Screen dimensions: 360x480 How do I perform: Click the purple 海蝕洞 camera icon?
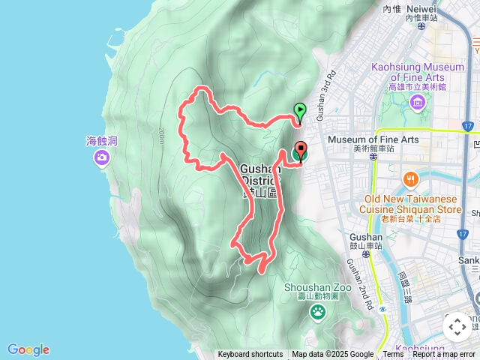click(x=101, y=157)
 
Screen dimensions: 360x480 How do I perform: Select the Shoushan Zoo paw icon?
click(x=318, y=310)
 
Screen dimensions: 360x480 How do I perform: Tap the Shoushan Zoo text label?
click(x=316, y=289)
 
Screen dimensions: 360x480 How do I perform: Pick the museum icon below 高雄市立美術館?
click(x=418, y=100)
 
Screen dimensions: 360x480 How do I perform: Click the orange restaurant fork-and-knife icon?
click(x=410, y=179)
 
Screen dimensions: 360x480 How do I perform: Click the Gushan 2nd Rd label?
click(x=358, y=285)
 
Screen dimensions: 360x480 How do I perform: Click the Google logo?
click(x=28, y=349)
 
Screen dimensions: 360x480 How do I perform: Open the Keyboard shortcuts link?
click(x=250, y=355)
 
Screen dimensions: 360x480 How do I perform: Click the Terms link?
click(x=393, y=355)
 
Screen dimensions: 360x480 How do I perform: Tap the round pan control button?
click(x=457, y=327)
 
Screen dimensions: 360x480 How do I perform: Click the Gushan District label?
click(x=260, y=174)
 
